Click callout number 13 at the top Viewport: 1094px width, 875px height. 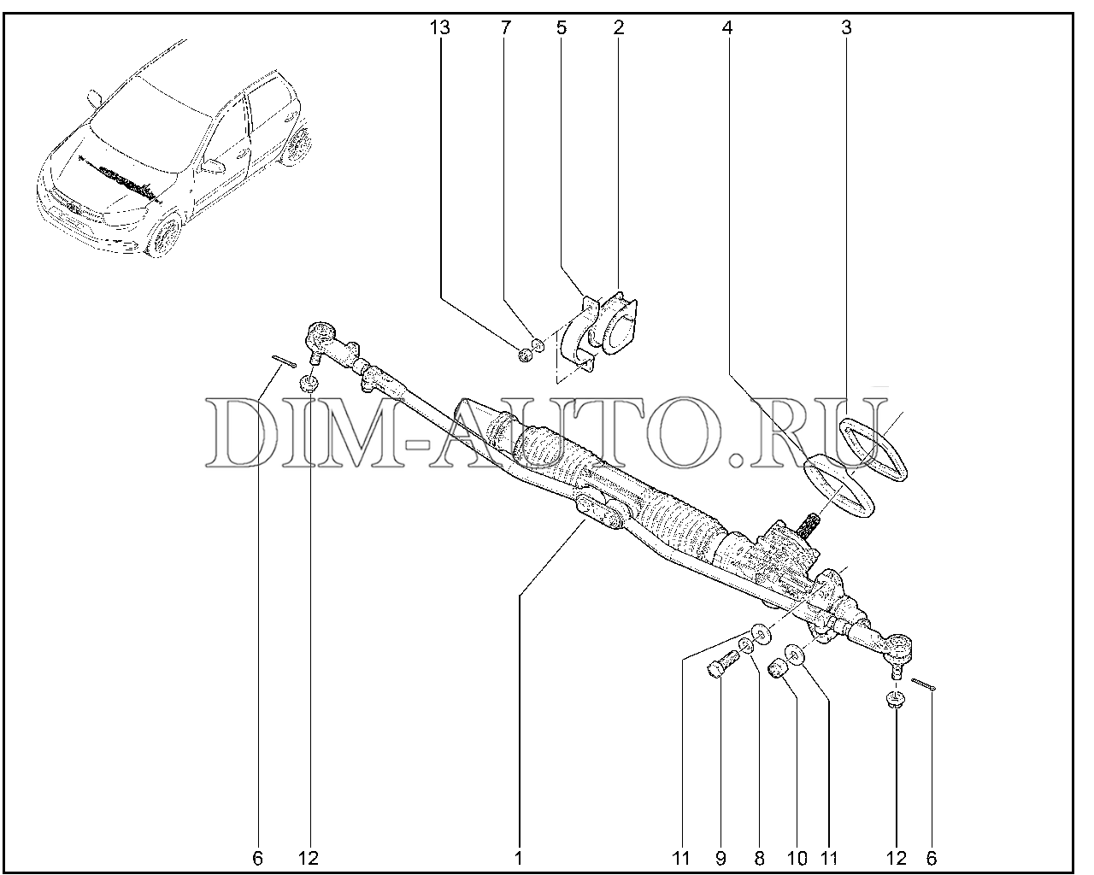(439, 28)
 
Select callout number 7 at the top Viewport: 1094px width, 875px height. (505, 28)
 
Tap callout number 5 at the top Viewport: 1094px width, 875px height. (561, 28)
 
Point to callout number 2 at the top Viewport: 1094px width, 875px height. (618, 28)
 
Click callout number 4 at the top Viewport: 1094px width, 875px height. (727, 28)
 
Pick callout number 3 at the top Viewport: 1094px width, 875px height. (846, 28)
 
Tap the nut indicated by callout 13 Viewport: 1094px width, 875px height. (525, 355)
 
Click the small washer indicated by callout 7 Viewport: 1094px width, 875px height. (538, 345)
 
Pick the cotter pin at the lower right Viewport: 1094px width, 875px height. (923, 684)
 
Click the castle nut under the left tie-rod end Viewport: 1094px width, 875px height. (309, 383)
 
